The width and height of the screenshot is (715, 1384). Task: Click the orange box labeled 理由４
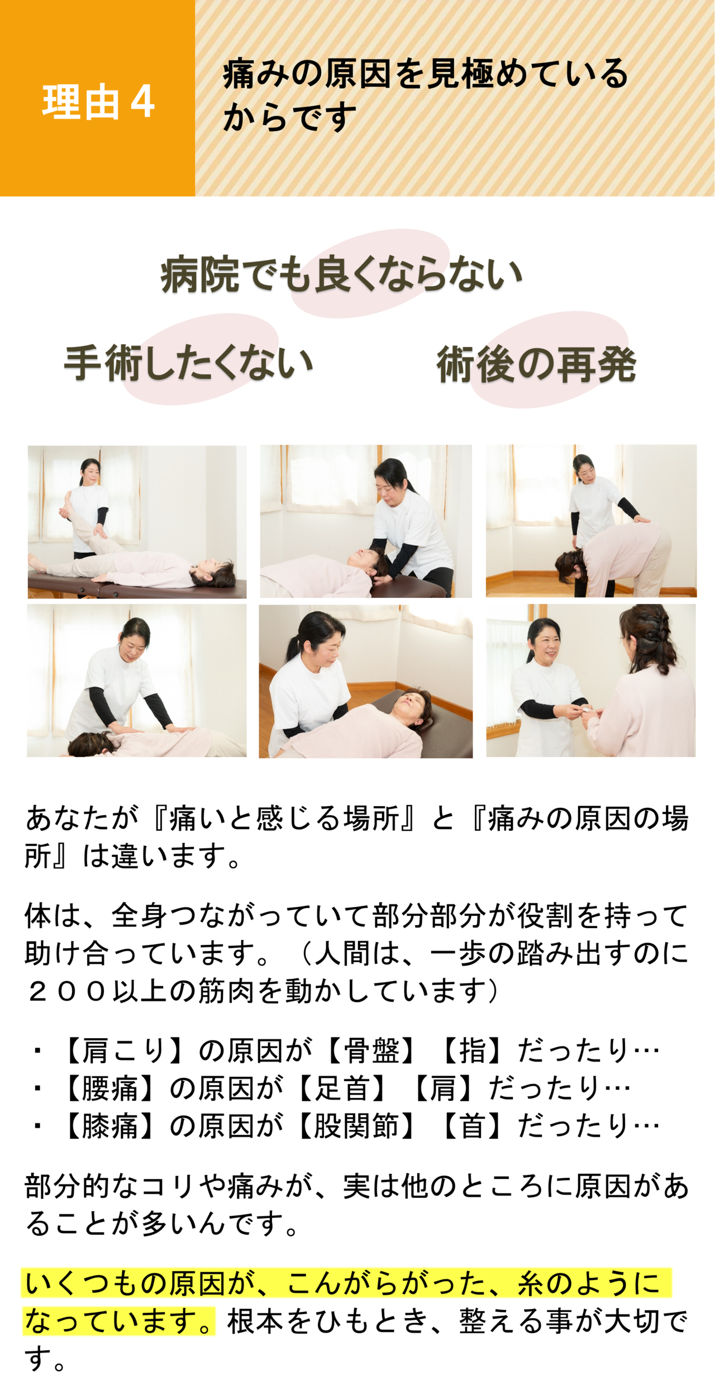click(97, 98)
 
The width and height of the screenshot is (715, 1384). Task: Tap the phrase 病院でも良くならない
click(341, 274)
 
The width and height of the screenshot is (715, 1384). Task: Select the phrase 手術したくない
click(188, 363)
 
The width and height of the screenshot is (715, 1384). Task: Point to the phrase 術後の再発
click(536, 364)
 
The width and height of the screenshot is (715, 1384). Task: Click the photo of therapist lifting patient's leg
click(137, 522)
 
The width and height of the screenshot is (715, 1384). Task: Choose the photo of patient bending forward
click(591, 521)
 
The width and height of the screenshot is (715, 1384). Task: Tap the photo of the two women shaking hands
click(591, 681)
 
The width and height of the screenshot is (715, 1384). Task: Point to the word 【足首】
click(342, 1088)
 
